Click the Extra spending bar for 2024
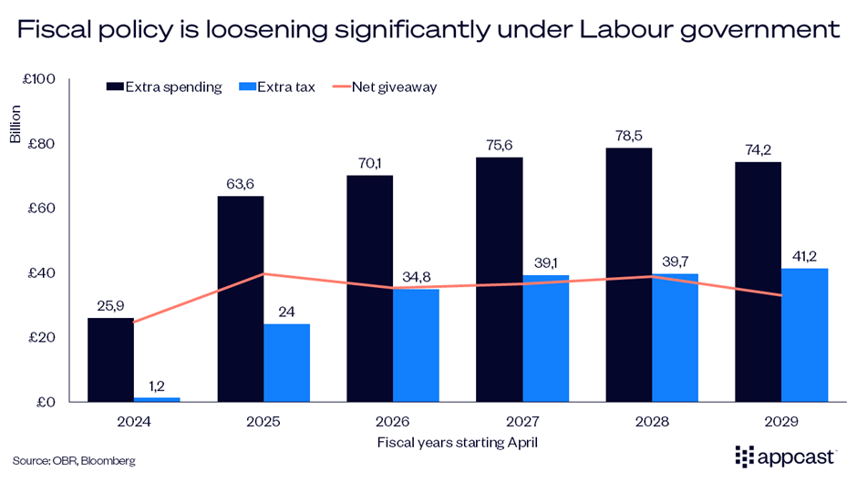[x=110, y=360]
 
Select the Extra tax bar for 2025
[x=286, y=363]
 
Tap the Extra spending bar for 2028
[x=627, y=274]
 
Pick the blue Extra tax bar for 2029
[x=804, y=334]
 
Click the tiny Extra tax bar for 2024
[x=157, y=399]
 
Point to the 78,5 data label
[x=627, y=133]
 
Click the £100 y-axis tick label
[x=39, y=79]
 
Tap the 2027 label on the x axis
[x=521, y=423]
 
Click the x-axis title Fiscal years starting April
[x=457, y=442]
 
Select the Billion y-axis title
[x=15, y=128]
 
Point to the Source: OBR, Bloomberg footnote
[x=74, y=461]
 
